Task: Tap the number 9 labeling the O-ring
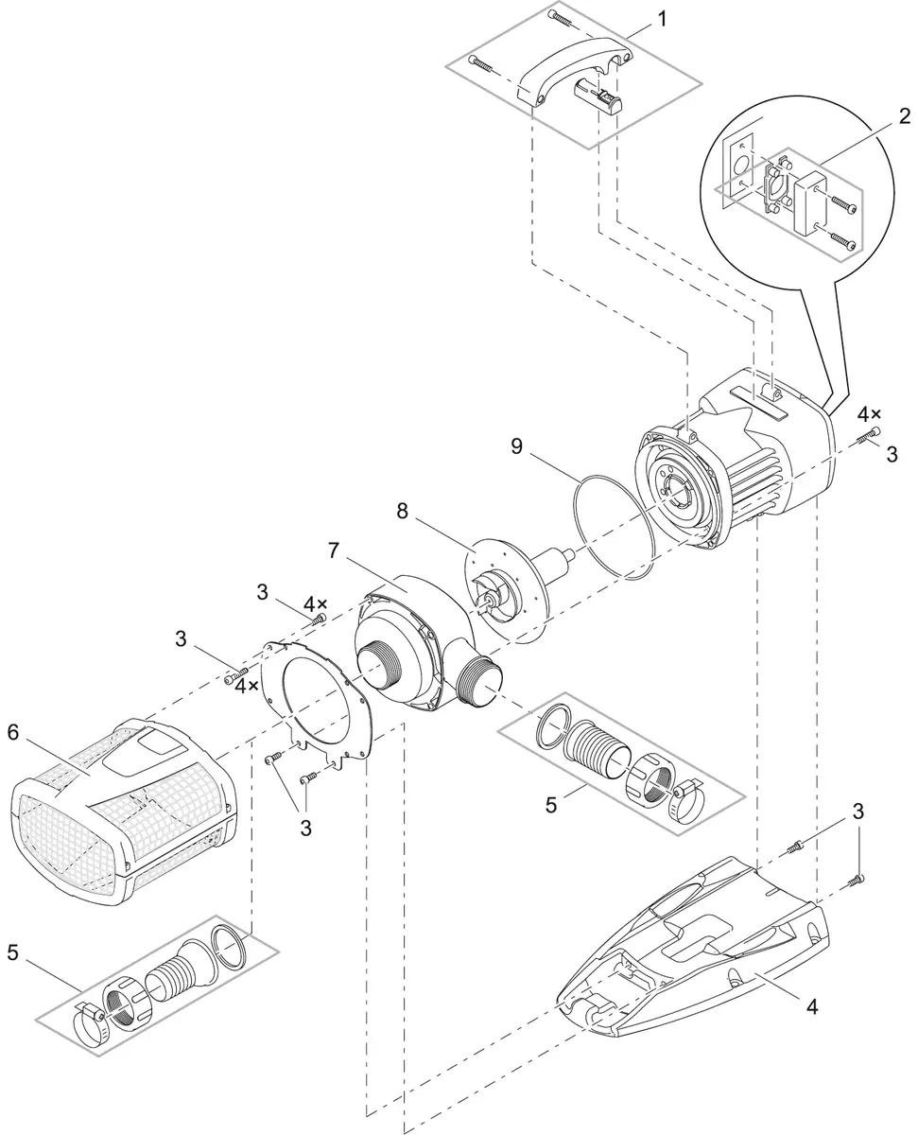517,445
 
